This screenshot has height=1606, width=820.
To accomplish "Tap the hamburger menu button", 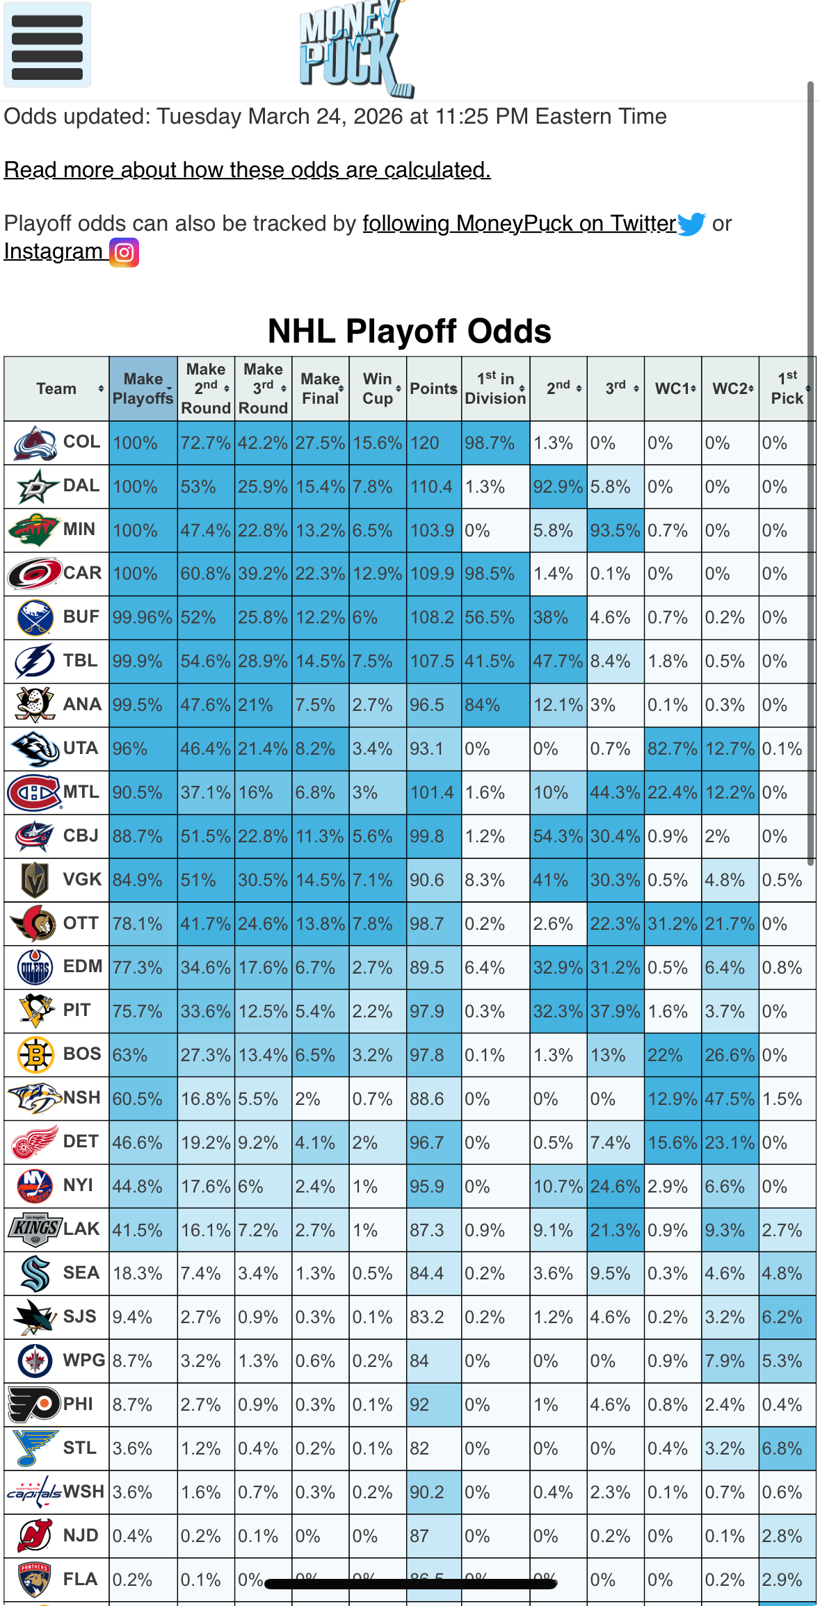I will point(47,45).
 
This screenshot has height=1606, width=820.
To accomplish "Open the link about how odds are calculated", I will point(247,170).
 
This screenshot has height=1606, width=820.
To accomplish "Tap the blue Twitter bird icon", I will point(691,224).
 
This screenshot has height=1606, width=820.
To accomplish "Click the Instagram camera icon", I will point(124,252).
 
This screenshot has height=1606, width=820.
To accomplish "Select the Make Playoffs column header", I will point(143,388).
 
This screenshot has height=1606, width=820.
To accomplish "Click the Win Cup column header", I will point(378,388).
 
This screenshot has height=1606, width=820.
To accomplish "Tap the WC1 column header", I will point(673,388).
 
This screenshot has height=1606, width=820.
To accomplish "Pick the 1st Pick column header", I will point(787,388).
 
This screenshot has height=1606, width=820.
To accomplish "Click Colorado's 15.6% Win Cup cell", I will point(377,443).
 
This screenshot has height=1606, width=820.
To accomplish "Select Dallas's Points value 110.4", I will point(432,486).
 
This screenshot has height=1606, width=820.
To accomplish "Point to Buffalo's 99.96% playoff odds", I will point(143,617).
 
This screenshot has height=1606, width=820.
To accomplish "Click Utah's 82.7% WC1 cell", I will point(673,748).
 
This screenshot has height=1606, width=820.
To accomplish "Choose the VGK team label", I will point(82,879).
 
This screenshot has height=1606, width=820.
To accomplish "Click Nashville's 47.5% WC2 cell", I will point(730,1099).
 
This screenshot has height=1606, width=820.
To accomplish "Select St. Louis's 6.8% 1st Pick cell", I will point(787,1448).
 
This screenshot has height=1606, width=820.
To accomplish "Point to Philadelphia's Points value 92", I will point(419,1404).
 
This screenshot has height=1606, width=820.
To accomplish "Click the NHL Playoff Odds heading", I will point(410,331).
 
